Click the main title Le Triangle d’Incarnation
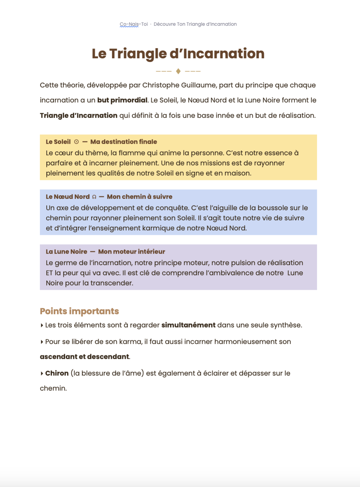point(178,54)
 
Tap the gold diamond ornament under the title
point(178,71)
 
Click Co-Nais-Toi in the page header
point(134,24)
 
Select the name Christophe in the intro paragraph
point(159,85)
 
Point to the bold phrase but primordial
point(122,100)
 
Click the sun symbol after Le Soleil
point(76,142)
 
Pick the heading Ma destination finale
point(124,142)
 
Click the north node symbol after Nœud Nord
point(94,197)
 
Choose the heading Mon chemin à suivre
point(140,197)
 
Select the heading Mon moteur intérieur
point(132,252)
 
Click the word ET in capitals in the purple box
point(49,273)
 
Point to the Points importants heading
point(79,311)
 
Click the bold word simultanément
point(188,325)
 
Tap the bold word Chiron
point(57,373)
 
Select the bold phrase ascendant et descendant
point(84,357)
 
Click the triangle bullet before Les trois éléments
point(42,325)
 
